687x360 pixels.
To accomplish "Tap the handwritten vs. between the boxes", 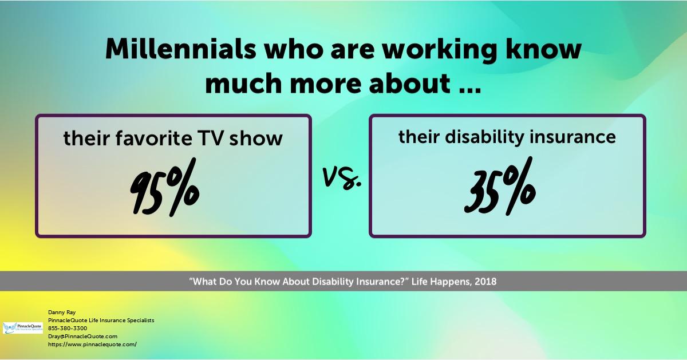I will tap(342, 179).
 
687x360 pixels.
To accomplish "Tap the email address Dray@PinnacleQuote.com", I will tap(83, 336).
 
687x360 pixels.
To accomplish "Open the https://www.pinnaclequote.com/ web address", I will tap(92, 344).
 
